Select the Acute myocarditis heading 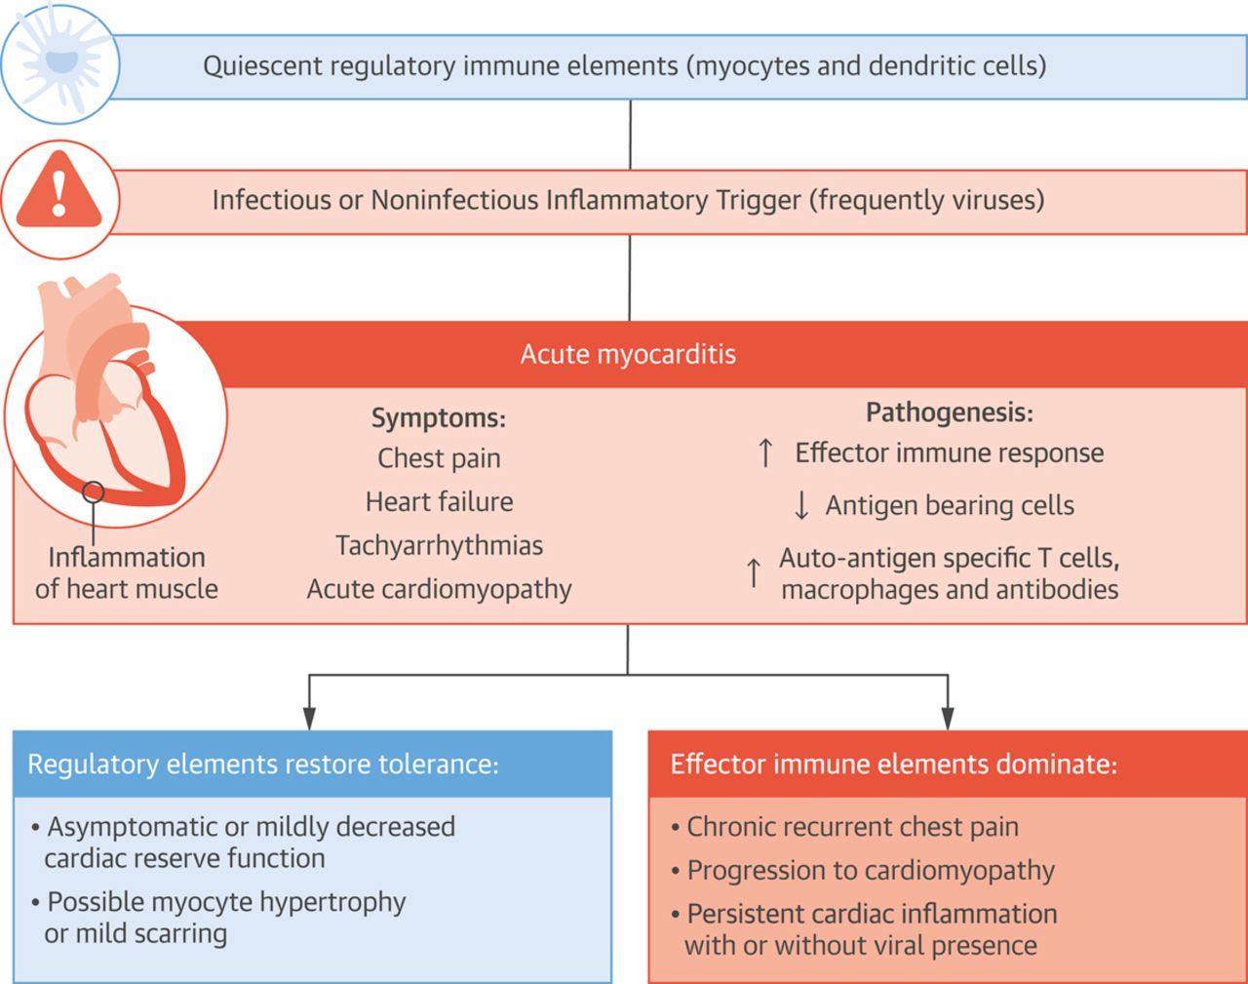[628, 353]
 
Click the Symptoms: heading [439, 418]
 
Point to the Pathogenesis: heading [949, 413]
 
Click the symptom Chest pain [439, 457]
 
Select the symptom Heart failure [439, 501]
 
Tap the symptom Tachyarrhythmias [439, 545]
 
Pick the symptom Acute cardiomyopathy [439, 589]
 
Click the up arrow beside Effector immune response [765, 453]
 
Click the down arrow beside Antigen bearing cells [801, 505]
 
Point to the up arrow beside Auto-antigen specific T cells [754, 572]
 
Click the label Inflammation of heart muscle [127, 572]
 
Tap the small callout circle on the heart [94, 492]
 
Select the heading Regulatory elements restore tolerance [263, 764]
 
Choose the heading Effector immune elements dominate [893, 764]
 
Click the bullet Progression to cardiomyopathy [871, 870]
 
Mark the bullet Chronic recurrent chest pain [852, 827]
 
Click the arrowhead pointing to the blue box [309, 719]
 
